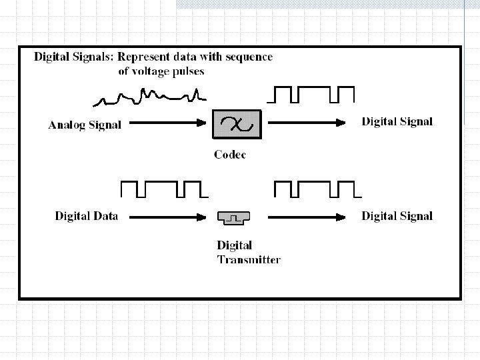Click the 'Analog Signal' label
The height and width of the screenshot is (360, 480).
tap(85, 124)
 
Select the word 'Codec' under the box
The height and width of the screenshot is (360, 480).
tap(230, 155)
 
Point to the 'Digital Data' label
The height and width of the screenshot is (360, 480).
tap(86, 215)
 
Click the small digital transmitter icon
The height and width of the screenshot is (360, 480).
tap(233, 217)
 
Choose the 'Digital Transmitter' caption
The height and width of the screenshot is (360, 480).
tap(249, 253)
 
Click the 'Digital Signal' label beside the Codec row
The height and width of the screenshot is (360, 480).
tap(397, 121)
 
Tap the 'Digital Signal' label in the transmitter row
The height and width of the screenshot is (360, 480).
tap(397, 215)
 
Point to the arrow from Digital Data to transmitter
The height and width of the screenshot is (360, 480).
tap(167, 216)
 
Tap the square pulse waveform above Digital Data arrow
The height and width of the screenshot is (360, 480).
tap(164, 189)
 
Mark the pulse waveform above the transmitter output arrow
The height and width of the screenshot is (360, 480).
tap(317, 189)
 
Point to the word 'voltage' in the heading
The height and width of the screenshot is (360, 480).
tap(170, 71)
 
